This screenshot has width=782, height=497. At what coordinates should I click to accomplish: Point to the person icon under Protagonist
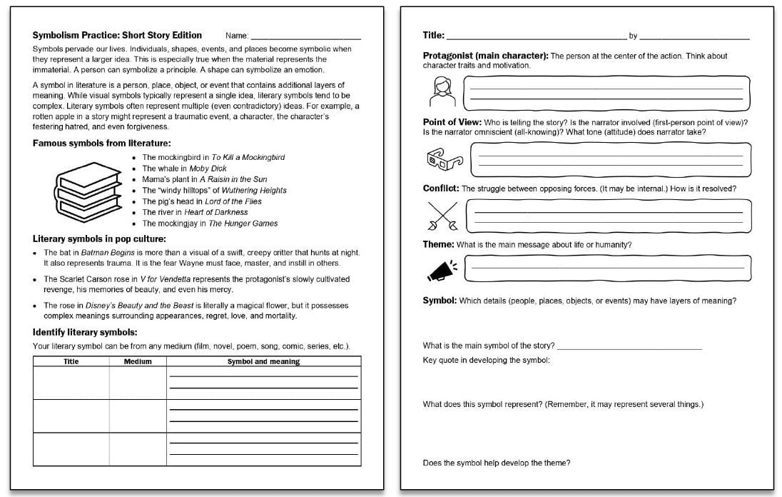pos(441,91)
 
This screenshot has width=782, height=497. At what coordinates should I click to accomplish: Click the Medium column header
pos(138,361)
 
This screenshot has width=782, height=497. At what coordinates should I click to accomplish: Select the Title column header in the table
pos(71,361)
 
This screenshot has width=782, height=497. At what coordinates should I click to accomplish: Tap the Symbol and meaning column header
pos(263,361)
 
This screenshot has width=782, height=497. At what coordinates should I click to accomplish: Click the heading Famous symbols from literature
pos(101,143)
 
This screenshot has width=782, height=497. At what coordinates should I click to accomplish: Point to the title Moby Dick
pos(208,169)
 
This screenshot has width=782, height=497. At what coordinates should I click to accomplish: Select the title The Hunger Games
pos(243,224)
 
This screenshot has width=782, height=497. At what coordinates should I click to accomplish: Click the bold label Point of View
pos(452,122)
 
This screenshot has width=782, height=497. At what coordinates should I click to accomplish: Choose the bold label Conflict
pos(441,189)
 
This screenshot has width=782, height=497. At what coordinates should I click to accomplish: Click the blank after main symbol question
pos(629,347)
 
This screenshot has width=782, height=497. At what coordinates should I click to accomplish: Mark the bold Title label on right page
pos(433,35)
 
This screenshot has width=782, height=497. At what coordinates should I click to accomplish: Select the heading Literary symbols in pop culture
pos(99,239)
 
